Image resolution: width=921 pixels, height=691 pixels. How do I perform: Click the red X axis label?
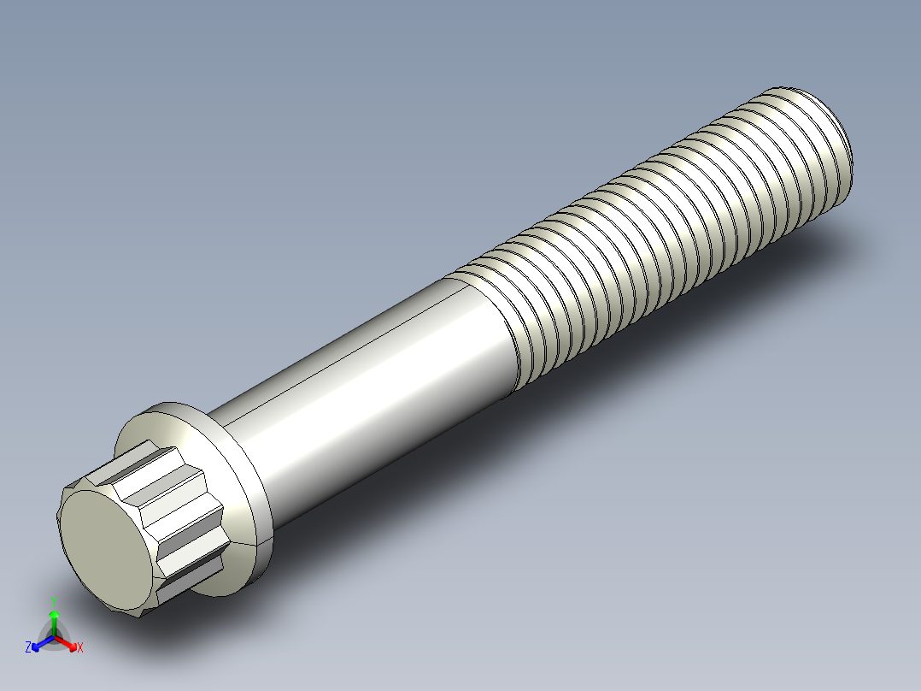click(80, 648)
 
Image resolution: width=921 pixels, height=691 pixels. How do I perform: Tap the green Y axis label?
click(54, 599)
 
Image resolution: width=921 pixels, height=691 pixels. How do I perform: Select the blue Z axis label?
click(28, 648)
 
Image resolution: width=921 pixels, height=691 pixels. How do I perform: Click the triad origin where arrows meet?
click(54, 637)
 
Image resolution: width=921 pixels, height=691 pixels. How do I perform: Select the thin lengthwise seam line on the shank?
click(342, 338)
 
